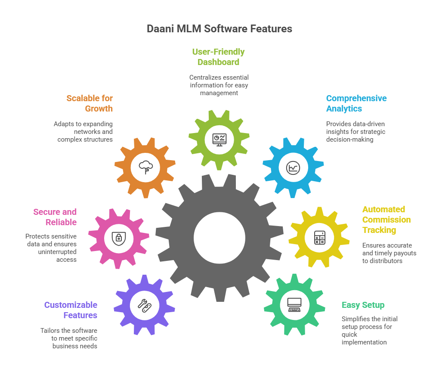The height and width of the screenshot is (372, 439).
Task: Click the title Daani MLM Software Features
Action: pos(219,29)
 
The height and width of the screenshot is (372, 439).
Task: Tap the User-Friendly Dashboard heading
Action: pos(218,57)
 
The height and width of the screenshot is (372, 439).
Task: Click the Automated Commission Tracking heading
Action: pos(386,220)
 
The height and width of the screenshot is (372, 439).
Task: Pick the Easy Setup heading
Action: pos(363,305)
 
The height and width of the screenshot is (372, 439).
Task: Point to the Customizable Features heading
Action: pos(71,310)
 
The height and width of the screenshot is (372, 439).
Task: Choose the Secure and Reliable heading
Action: pos(55,217)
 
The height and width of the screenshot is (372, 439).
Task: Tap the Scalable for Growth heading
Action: pos(90,103)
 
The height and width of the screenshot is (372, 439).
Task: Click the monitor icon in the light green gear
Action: pos(219,139)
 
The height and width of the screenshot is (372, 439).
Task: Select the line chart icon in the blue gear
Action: pos(294,167)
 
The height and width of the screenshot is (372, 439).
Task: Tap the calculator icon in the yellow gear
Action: pos(319,237)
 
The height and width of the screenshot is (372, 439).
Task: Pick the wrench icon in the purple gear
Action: pos(144,305)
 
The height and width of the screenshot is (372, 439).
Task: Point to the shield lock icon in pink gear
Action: pos(118,237)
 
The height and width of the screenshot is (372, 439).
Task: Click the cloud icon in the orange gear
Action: pos(145,167)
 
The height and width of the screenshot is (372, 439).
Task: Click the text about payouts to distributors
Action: pos(389,253)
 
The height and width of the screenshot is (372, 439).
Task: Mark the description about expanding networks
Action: pos(84,132)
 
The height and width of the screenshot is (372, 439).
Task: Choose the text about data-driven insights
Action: pos(355,132)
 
